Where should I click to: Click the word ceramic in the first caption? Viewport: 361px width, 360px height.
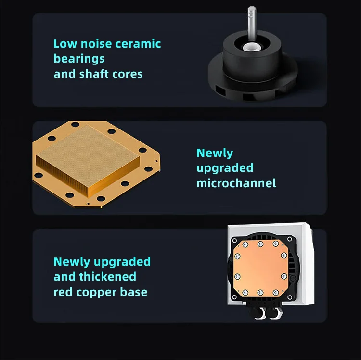click(138, 44)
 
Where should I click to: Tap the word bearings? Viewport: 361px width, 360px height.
click(79, 59)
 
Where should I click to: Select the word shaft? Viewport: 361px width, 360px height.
click(92, 74)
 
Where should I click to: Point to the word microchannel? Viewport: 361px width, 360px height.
click(236, 183)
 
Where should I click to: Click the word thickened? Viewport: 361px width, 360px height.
click(107, 276)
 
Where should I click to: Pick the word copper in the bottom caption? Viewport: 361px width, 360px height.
click(96, 293)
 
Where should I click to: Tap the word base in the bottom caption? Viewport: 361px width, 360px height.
click(134, 292)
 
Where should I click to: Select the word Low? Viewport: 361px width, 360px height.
click(65, 44)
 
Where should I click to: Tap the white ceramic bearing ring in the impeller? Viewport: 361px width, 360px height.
click(251, 47)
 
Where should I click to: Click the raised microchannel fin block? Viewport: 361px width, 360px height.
click(88, 160)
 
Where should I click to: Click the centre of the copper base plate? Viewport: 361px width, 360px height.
click(260, 268)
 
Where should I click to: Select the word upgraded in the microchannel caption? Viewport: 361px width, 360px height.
click(225, 168)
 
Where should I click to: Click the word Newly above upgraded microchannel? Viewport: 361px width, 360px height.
click(215, 154)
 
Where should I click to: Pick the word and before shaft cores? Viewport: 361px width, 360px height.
click(64, 74)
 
